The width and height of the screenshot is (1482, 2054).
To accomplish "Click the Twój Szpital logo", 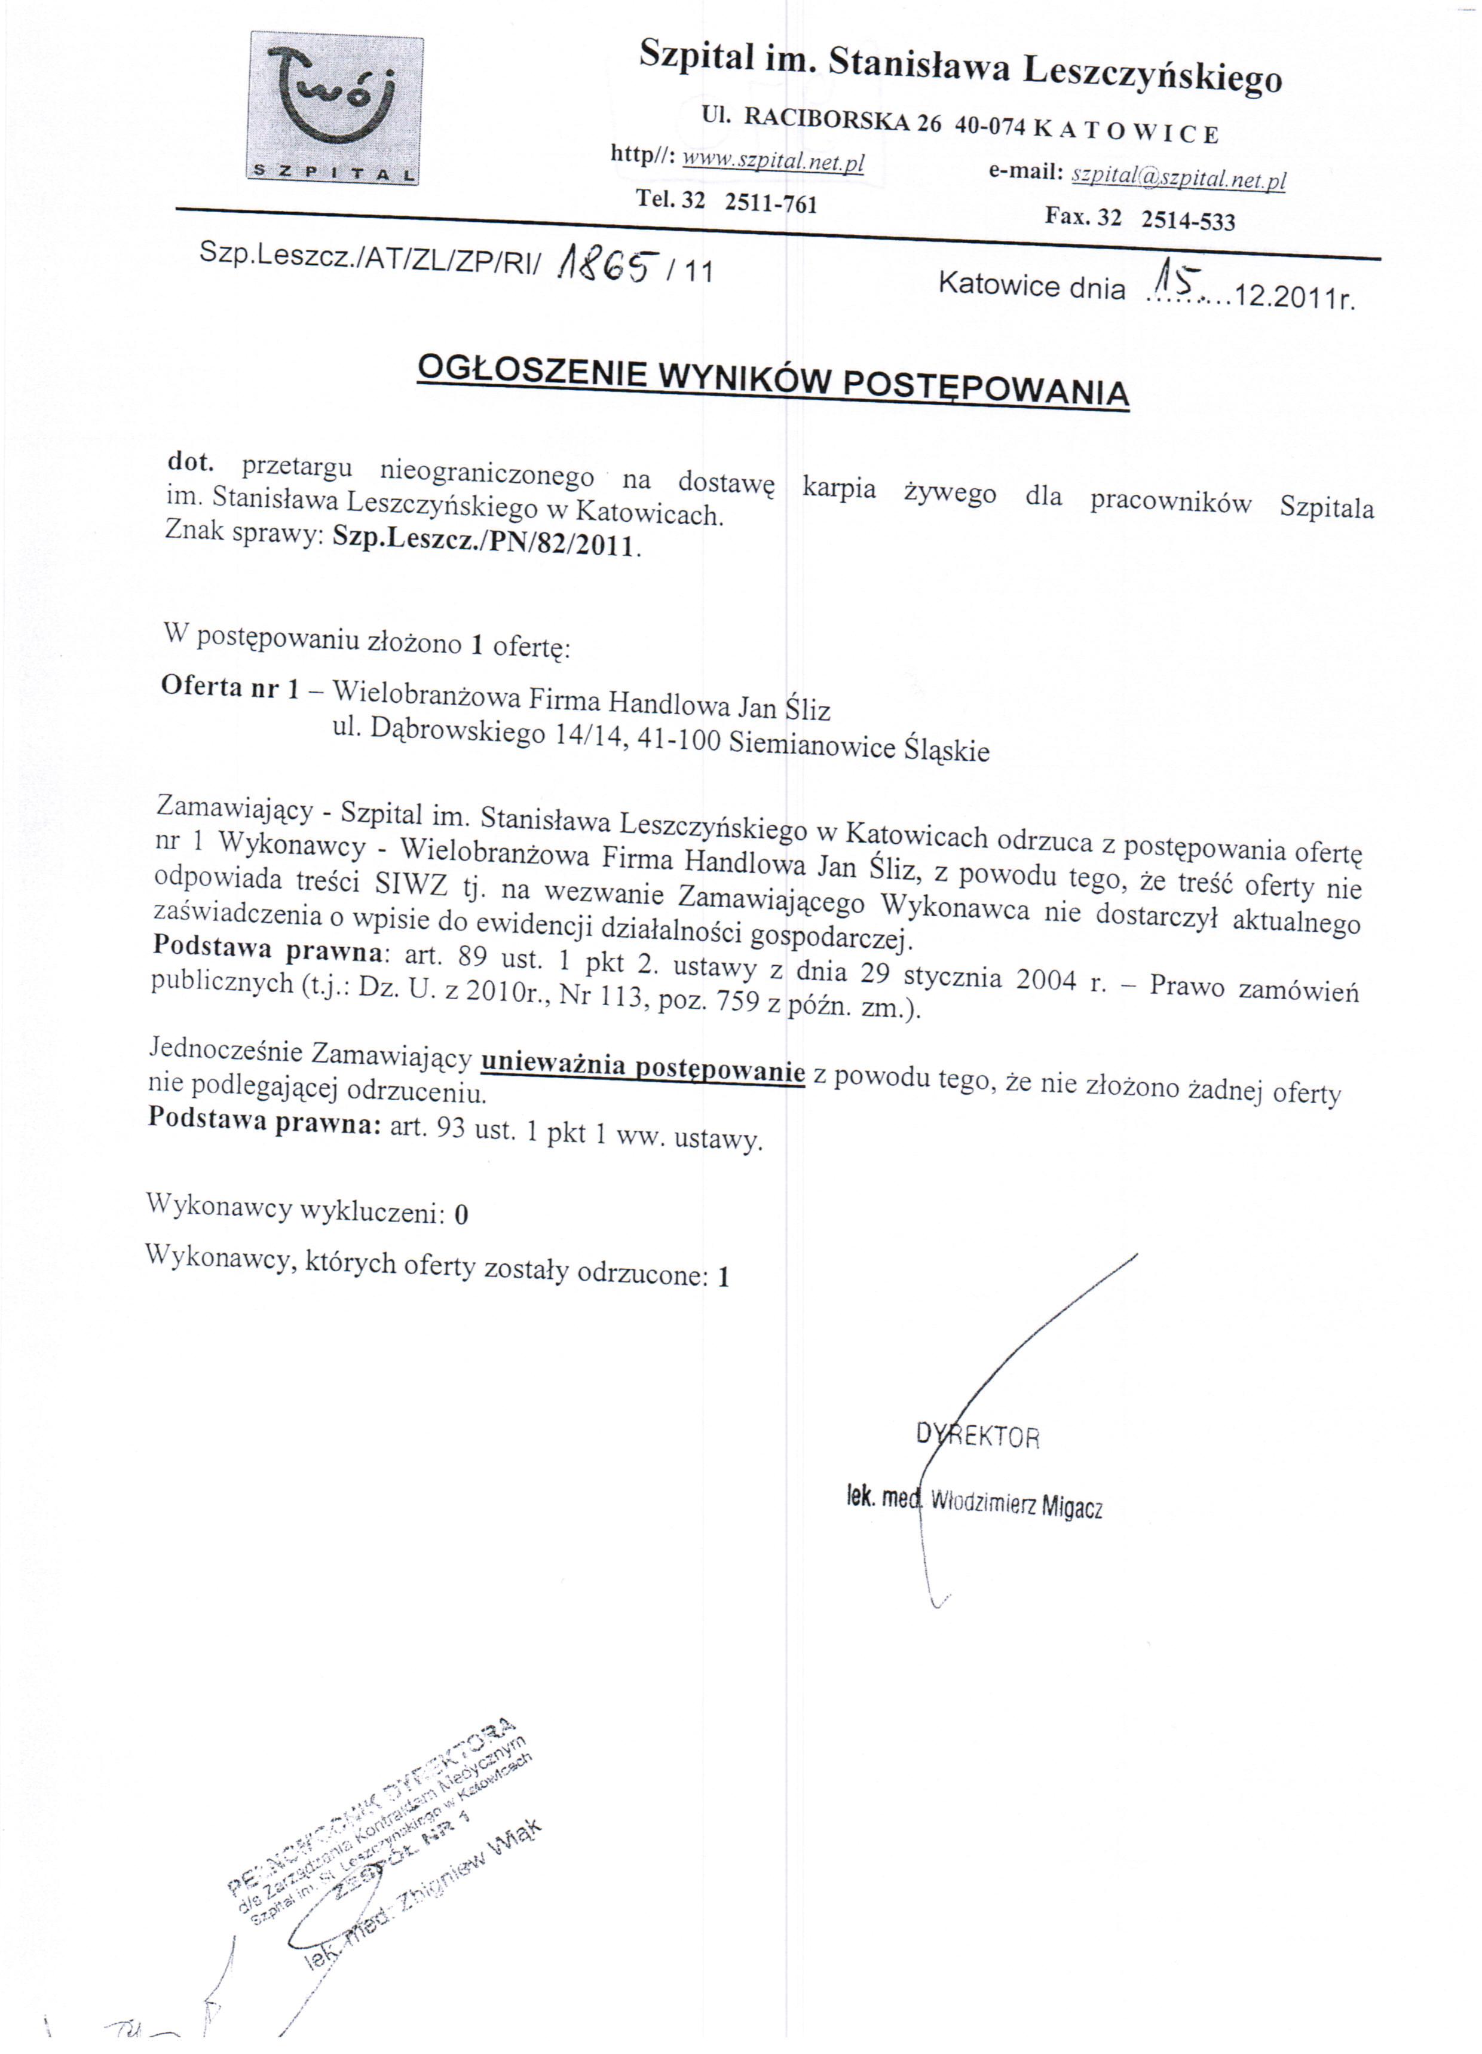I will click(x=336, y=109).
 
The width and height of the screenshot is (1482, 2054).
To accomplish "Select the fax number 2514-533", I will click(x=1187, y=220).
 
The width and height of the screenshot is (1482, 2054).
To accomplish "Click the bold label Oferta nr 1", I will click(x=229, y=687).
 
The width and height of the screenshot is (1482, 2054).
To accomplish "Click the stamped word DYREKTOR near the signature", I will click(x=978, y=1436).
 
